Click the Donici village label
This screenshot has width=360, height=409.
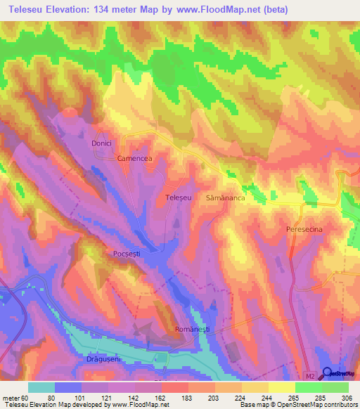102,143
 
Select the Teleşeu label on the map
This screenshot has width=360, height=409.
177,199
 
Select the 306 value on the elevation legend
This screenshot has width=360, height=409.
347,397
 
